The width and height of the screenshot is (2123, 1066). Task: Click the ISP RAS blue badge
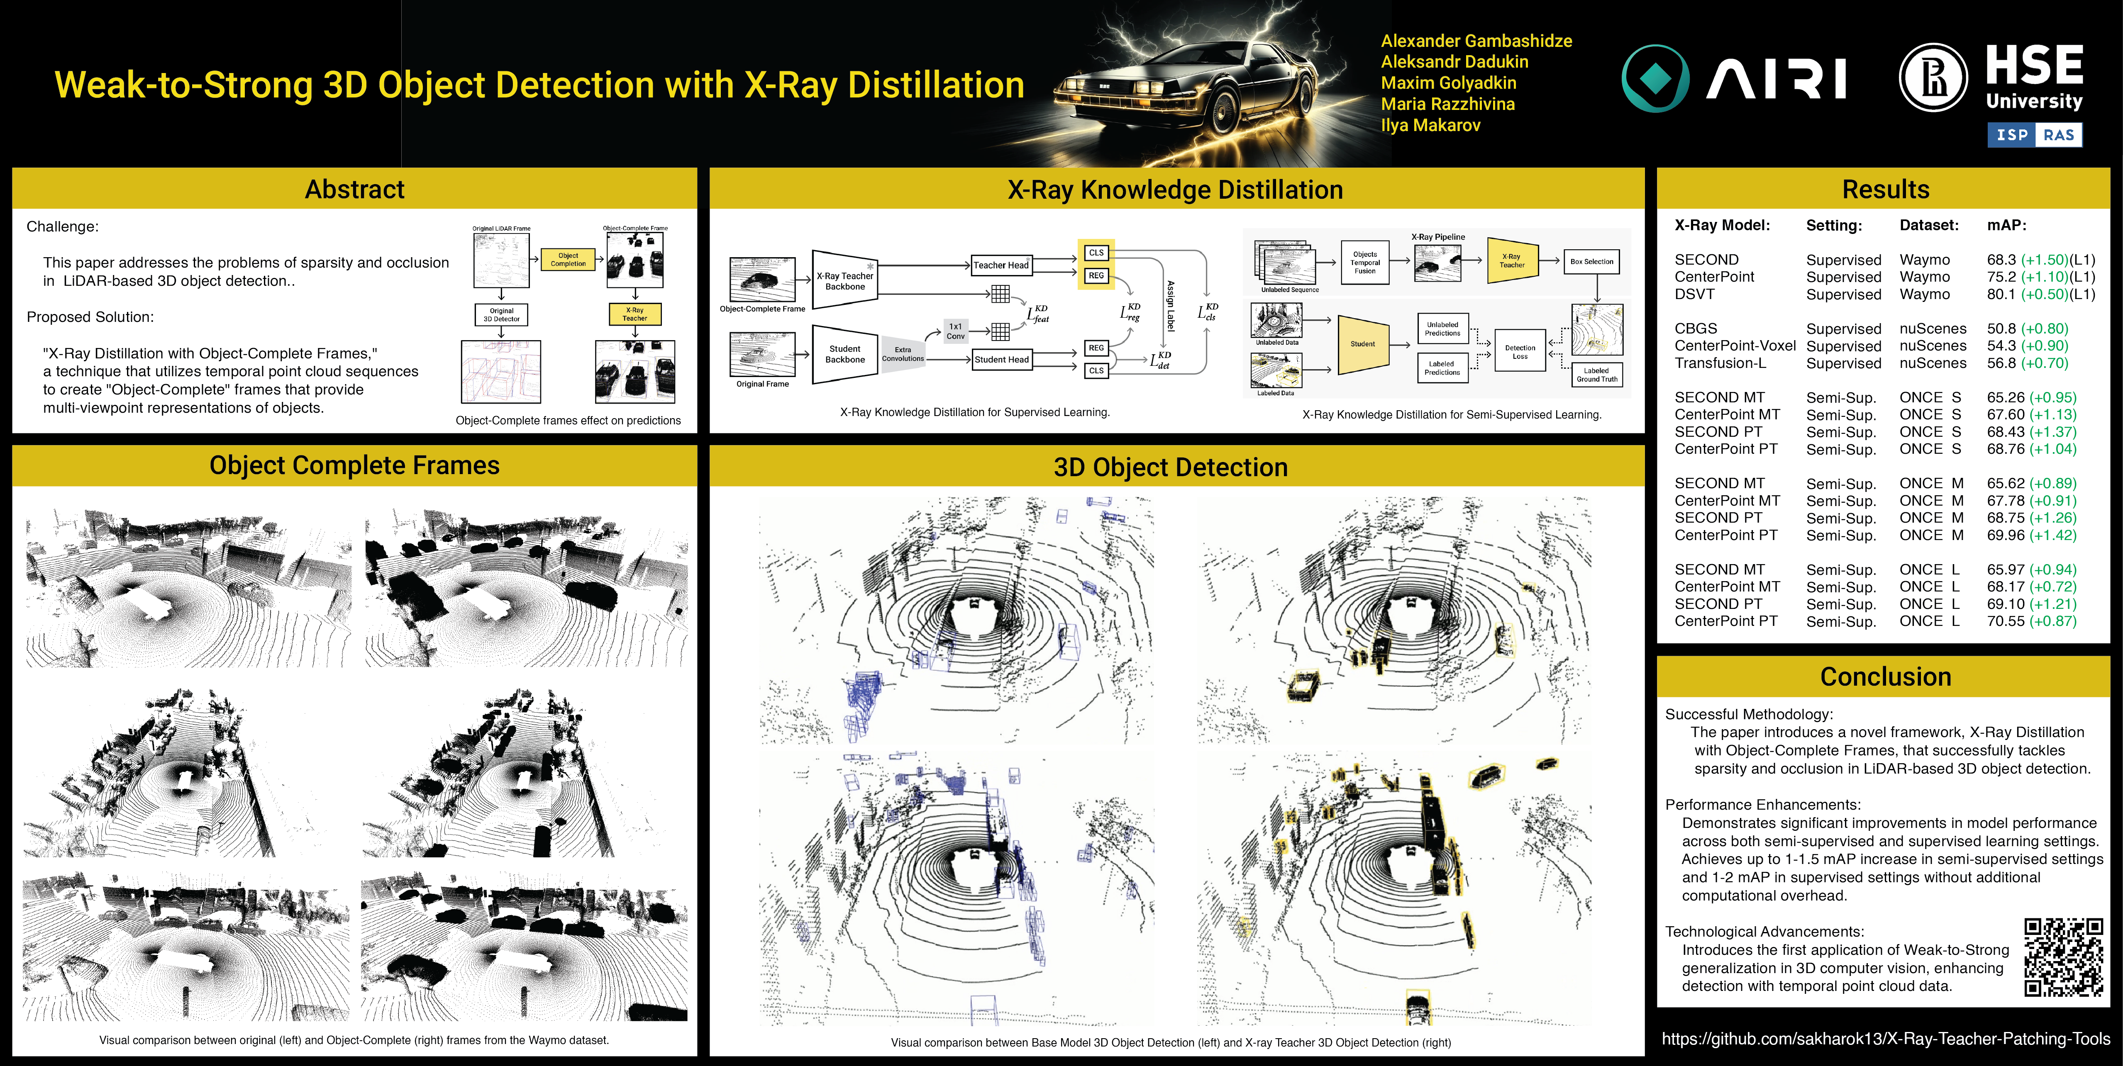[x=2034, y=135]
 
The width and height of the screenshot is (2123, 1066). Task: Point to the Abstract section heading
[x=354, y=190]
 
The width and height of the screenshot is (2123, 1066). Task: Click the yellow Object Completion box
[x=568, y=260]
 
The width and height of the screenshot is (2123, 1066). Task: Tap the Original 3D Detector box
[x=501, y=315]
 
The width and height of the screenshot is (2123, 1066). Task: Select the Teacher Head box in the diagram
[x=1000, y=265]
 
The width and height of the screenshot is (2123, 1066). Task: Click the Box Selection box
[x=1591, y=262]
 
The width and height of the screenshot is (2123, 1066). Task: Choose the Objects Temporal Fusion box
[x=1365, y=262]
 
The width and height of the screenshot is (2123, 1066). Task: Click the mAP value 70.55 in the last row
[x=2004, y=621]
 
